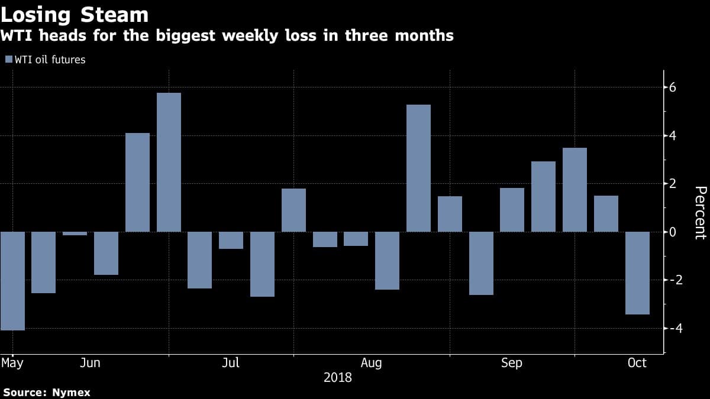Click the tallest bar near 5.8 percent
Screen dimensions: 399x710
[x=169, y=162]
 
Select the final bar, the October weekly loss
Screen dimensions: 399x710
[x=637, y=273]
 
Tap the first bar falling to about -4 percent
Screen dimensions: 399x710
[x=12, y=281]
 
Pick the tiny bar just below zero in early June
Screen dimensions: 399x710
[x=75, y=233]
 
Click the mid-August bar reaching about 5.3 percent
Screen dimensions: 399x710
[x=418, y=168]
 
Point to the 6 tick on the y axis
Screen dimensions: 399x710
[x=673, y=87]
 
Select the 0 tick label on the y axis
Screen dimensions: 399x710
[x=673, y=232]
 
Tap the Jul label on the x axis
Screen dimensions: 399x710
[x=231, y=363]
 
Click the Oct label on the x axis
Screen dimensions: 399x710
[x=637, y=363]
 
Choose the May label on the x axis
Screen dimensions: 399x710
[x=12, y=363]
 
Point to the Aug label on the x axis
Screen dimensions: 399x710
[x=371, y=363]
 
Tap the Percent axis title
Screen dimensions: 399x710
[x=701, y=212]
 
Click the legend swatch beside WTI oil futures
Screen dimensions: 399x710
[x=9, y=59]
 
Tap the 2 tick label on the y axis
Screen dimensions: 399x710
[x=673, y=184]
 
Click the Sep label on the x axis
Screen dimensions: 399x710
[x=512, y=363]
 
